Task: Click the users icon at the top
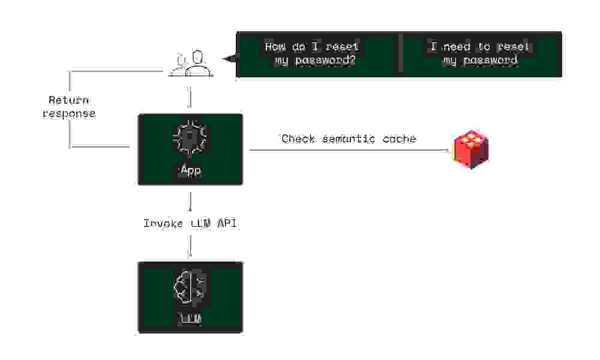[x=191, y=64]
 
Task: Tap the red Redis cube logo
[x=471, y=150]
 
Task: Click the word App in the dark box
[x=190, y=170]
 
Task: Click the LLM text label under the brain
[x=190, y=319]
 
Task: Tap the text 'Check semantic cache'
[x=349, y=139]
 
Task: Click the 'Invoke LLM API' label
[x=190, y=224]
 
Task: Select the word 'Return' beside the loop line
[x=69, y=100]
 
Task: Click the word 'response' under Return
[x=69, y=113]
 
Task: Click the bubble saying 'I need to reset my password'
[x=480, y=54]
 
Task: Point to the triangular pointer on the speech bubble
[x=229, y=59]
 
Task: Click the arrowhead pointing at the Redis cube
[x=447, y=150]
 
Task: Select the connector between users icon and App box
[x=190, y=96]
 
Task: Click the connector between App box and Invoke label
[x=190, y=201]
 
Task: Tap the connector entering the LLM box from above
[x=190, y=246]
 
